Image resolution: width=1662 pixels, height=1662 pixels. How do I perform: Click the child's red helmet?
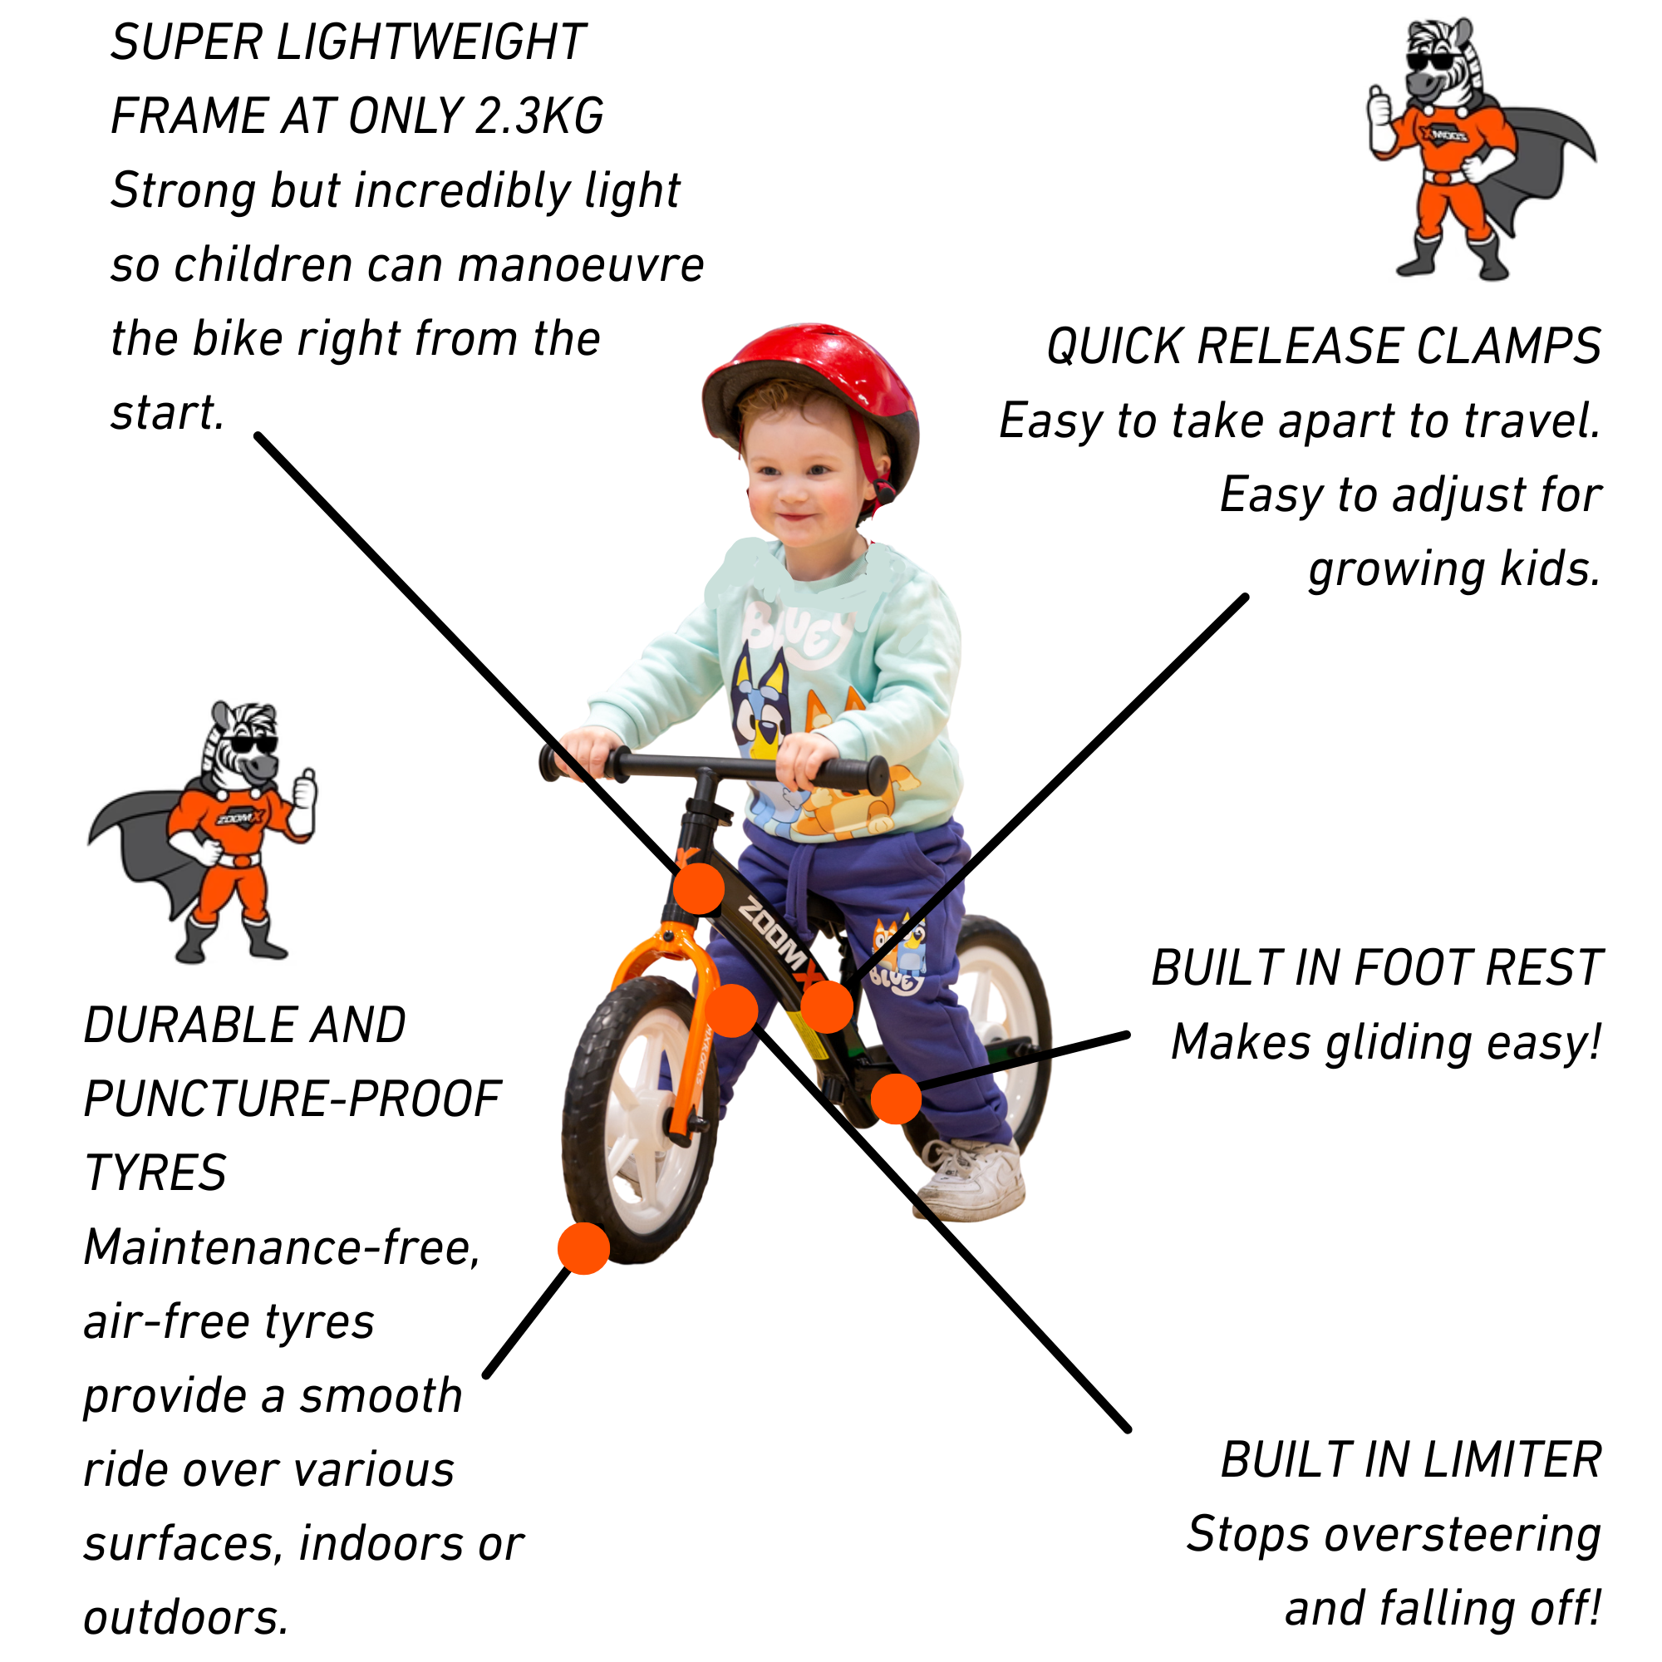(x=809, y=378)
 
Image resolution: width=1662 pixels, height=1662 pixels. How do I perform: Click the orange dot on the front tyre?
(x=584, y=1248)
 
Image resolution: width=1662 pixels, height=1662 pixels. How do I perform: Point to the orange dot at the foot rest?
(x=897, y=1099)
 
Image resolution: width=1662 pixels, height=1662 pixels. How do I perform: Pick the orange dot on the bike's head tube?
(x=699, y=888)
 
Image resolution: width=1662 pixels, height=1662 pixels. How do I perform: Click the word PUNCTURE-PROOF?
(x=293, y=1099)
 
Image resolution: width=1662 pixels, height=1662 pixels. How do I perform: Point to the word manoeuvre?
(x=581, y=264)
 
